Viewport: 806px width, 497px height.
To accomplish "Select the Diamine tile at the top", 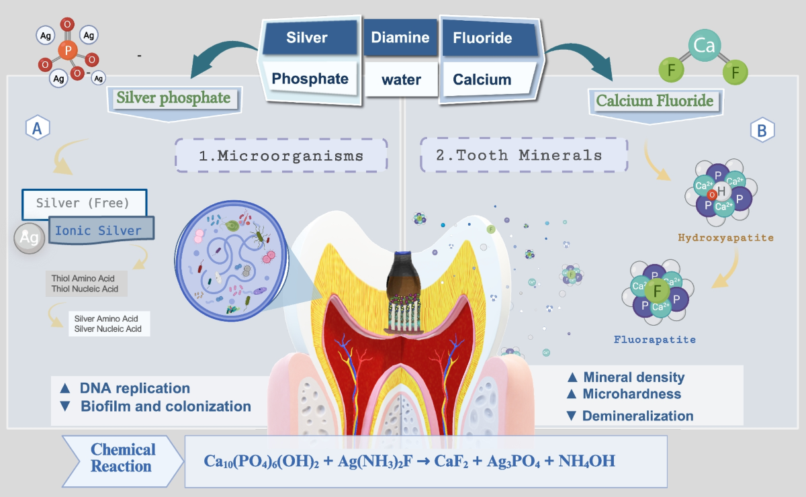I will (400, 37).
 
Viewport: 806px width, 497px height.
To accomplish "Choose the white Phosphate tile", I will (310, 79).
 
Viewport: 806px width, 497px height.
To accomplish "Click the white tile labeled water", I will (401, 80).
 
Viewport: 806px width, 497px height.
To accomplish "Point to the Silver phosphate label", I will (173, 99).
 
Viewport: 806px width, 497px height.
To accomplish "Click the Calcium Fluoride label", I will (655, 102).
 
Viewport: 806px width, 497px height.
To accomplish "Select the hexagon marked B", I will (762, 130).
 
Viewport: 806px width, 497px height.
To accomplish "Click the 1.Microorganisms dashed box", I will (281, 156).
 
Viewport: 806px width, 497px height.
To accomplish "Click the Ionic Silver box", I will (99, 230).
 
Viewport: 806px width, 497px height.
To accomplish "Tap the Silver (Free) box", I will (84, 202).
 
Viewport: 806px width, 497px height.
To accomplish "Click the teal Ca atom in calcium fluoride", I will (703, 46).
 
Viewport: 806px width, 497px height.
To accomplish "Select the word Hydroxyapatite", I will (725, 238).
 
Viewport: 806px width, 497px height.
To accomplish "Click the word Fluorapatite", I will (655, 339).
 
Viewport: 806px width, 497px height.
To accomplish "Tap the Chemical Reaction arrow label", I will (123, 458).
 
